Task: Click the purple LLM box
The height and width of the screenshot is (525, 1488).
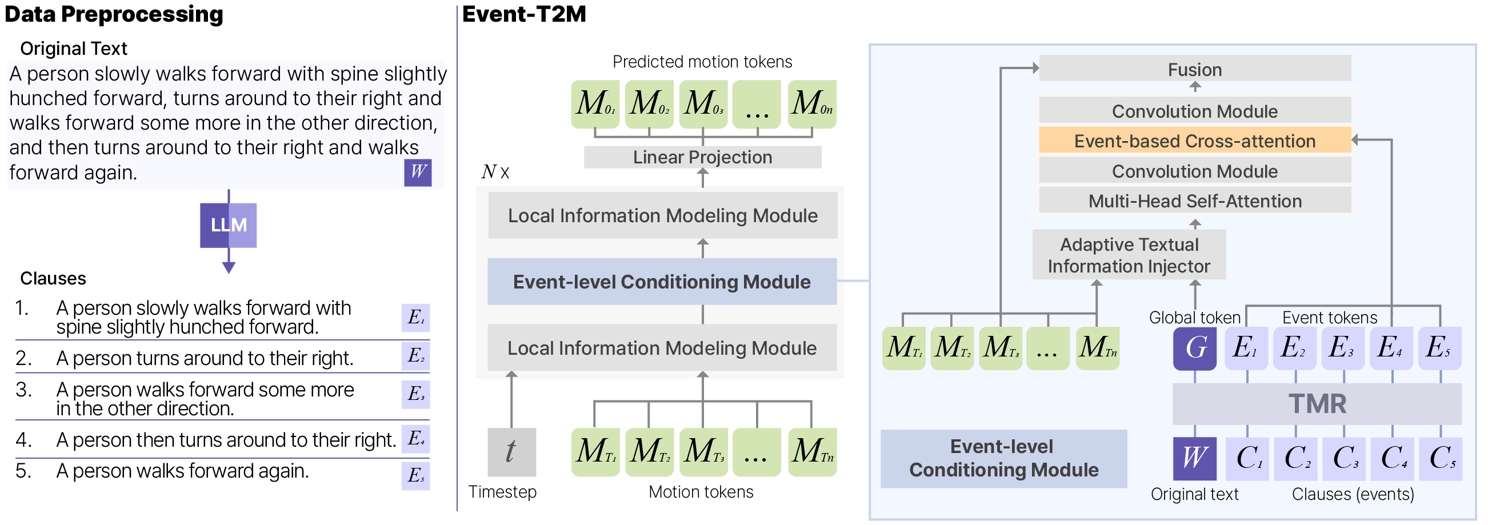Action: point(228,225)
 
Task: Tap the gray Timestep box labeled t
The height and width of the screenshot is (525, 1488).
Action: point(511,452)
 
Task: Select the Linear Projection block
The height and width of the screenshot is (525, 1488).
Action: point(702,157)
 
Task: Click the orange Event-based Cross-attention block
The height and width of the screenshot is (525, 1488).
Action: point(1194,141)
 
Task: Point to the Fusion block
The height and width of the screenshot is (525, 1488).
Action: point(1194,69)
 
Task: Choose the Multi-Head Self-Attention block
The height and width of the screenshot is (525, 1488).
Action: point(1194,201)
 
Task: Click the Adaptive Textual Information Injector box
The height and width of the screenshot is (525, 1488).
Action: point(1128,255)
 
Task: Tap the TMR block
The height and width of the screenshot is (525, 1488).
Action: point(1317,404)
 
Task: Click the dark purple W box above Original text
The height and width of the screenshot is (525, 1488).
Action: point(1194,459)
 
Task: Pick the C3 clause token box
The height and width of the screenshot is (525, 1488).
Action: point(1343,459)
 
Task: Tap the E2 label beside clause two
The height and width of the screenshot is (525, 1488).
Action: point(415,356)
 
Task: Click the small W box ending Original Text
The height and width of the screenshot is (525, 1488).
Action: point(418,172)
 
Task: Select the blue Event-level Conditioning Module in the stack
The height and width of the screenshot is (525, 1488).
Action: point(661,281)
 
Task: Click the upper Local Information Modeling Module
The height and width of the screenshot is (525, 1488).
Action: point(662,215)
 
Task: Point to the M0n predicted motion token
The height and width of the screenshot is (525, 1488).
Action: point(811,104)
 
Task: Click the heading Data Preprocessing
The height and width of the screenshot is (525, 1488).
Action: point(114,14)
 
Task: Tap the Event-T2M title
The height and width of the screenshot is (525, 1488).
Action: point(524,14)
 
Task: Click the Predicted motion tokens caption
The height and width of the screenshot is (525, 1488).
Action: point(702,62)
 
